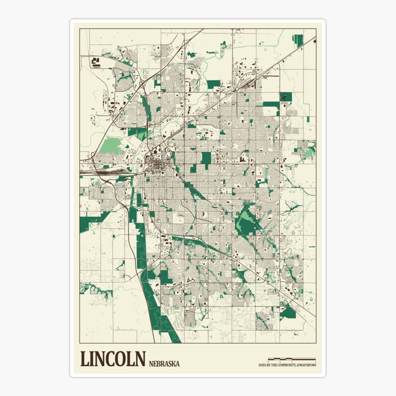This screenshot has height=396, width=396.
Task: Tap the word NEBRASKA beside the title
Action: (164, 364)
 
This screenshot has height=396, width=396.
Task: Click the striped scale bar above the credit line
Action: (292, 359)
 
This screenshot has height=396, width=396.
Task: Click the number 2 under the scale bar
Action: (315, 362)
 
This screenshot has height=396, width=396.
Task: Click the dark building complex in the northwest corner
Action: (96, 62)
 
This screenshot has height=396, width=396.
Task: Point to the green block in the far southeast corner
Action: (288, 312)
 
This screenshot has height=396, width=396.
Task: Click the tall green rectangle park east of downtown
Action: (206, 158)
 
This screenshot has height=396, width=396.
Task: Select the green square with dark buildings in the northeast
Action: (286, 97)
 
